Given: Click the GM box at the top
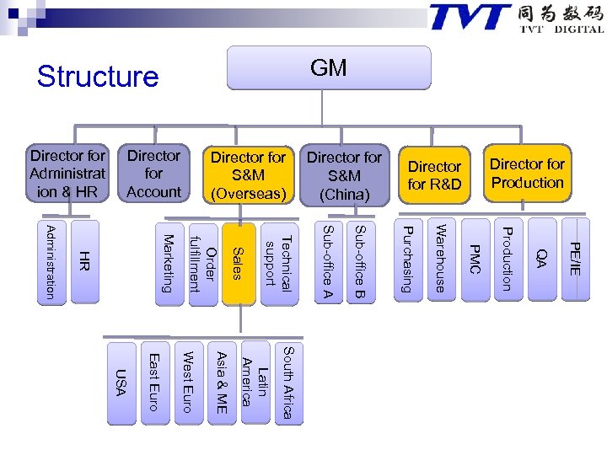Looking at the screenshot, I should tap(328, 68).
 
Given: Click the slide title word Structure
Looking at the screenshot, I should tap(98, 77).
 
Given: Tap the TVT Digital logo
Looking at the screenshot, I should tap(516, 18).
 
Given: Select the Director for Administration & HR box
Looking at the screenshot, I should tap(68, 174).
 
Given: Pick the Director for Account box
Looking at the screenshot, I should tap(153, 174).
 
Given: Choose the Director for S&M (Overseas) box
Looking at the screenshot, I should tap(249, 175).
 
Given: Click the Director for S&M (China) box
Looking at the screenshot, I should tap(344, 175).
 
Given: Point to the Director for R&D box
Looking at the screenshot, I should tap(434, 175).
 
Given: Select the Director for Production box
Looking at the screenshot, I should tap(527, 174).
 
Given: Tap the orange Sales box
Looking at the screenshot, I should tap(239, 260).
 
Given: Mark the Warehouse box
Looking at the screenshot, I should tap(439, 259).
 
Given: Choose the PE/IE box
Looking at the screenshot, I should tap(574, 259).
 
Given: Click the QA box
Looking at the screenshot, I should tap(541, 259).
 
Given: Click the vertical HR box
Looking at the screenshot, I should tap(84, 260).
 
